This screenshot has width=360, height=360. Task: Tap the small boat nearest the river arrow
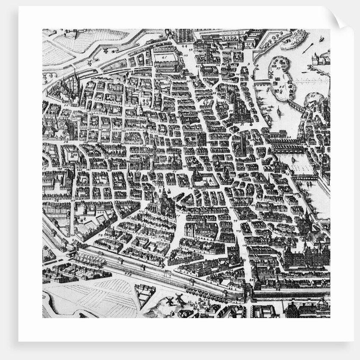tap(321, 39)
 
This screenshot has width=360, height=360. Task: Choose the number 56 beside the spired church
tap(66, 105)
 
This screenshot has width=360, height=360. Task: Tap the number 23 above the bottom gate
tap(251, 280)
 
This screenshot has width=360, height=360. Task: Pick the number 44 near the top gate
tap(185, 46)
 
